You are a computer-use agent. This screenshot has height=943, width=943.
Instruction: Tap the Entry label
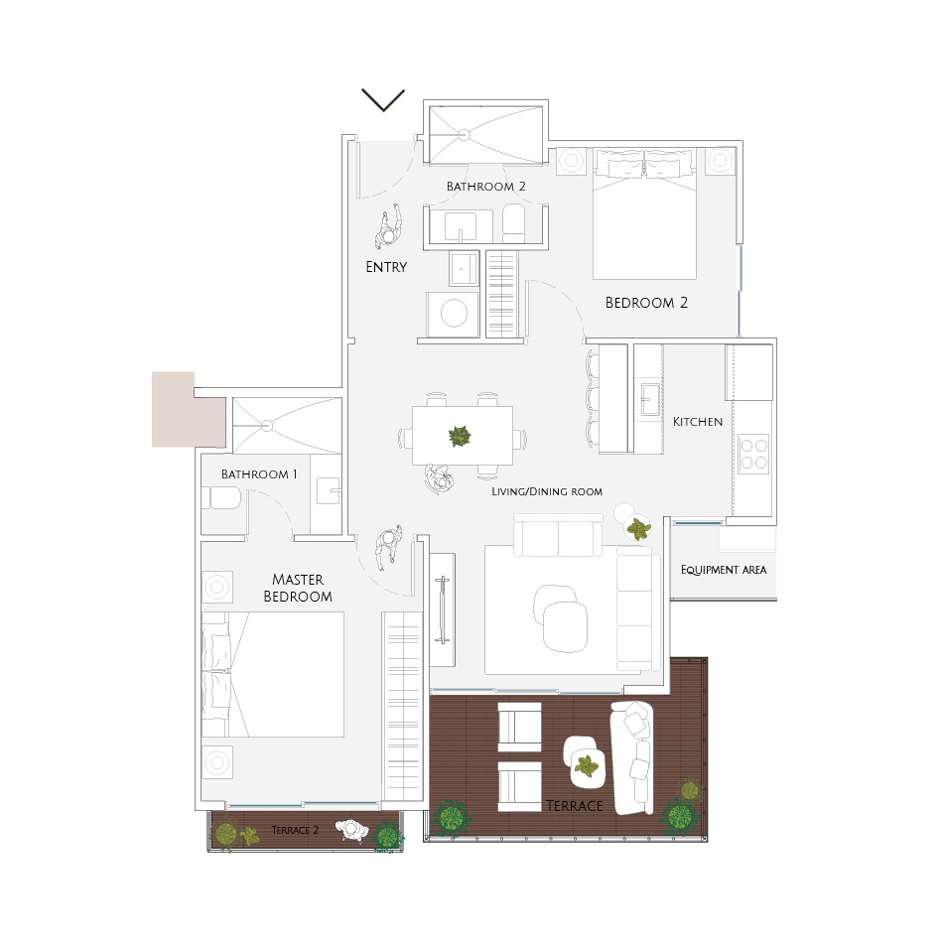(x=386, y=267)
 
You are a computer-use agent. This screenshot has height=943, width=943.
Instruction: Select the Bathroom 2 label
(x=486, y=187)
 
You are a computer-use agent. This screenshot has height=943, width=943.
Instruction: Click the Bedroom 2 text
(x=646, y=303)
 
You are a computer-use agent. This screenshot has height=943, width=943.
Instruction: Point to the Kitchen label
(x=698, y=422)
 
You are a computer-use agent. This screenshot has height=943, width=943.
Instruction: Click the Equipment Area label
(x=724, y=570)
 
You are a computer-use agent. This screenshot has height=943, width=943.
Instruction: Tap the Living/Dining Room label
(x=547, y=491)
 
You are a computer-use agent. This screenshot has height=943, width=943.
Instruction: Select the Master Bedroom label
(x=298, y=588)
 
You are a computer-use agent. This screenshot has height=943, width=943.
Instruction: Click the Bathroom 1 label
(x=259, y=473)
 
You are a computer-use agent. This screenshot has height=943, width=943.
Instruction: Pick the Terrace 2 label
(x=295, y=830)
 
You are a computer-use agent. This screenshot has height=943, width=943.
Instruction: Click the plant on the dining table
(x=460, y=436)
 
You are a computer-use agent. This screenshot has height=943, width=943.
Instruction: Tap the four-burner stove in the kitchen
(x=754, y=454)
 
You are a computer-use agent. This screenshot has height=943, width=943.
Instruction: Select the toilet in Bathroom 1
(x=220, y=498)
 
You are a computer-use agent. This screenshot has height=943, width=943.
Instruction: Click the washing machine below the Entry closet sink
(x=453, y=314)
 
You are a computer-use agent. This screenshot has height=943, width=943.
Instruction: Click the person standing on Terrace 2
(x=351, y=831)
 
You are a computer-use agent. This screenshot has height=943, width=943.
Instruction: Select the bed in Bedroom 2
(x=644, y=214)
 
